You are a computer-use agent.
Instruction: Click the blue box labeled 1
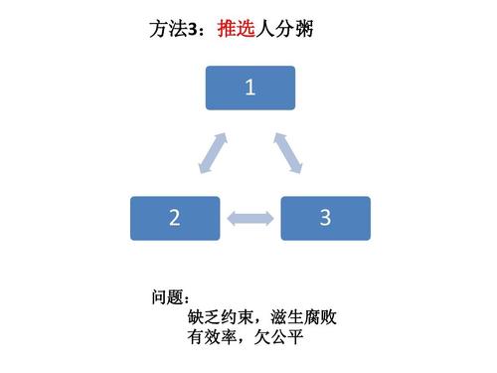click(250, 88)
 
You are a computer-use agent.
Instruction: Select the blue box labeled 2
click(175, 218)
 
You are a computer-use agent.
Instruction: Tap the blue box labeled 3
click(325, 218)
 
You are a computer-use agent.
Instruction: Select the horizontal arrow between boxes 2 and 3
click(250, 216)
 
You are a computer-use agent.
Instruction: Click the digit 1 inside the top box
click(250, 88)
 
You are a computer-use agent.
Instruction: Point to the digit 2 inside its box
click(175, 218)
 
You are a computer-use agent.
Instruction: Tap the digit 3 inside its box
click(325, 218)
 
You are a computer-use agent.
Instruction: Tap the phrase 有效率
click(208, 339)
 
